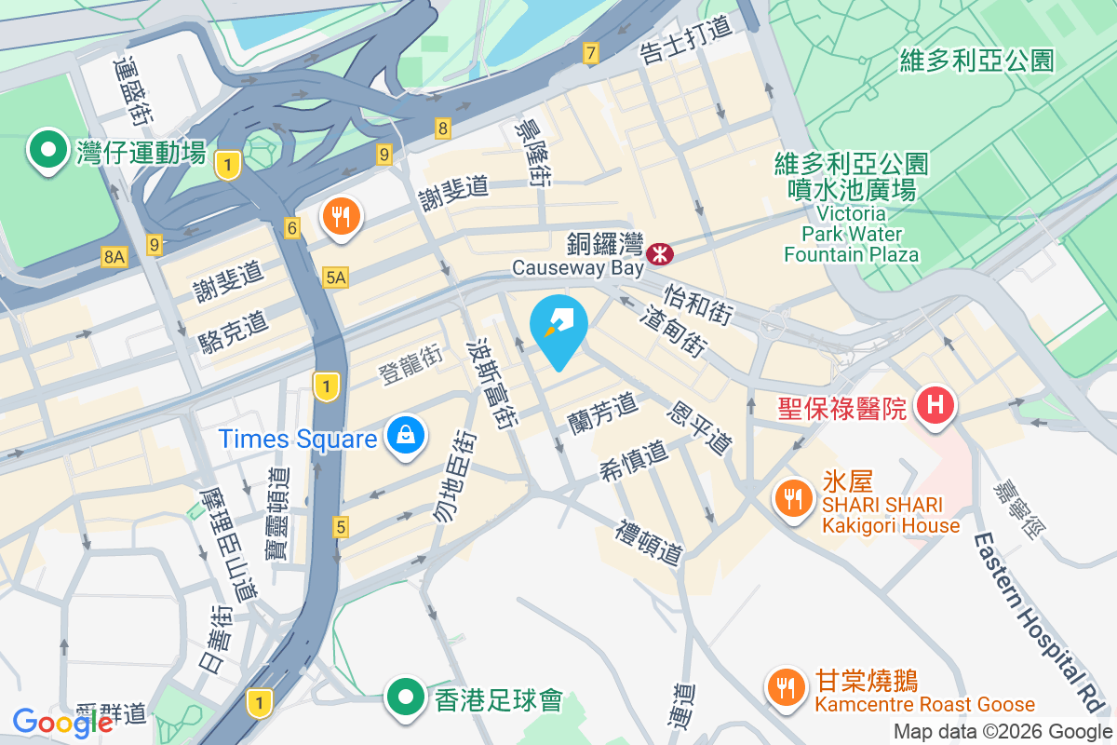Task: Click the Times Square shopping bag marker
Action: tap(406, 436)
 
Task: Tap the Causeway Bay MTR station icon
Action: tap(661, 251)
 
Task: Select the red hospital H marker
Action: tap(936, 406)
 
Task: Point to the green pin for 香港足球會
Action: tap(406, 697)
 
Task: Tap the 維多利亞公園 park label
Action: tap(976, 61)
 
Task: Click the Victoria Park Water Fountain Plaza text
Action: tap(851, 234)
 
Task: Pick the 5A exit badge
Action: tap(336, 277)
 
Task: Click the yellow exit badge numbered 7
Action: tap(589, 54)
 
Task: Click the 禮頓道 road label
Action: tap(650, 544)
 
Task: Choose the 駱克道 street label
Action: tap(234, 331)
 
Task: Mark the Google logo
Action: tap(62, 722)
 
